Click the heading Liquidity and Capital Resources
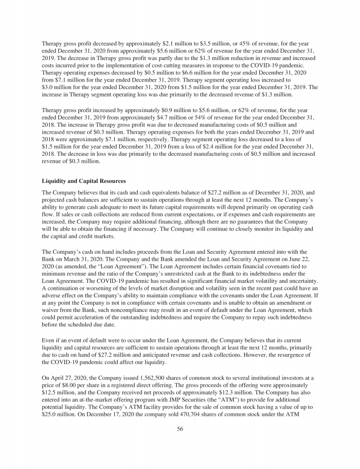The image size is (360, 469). [82, 181]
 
